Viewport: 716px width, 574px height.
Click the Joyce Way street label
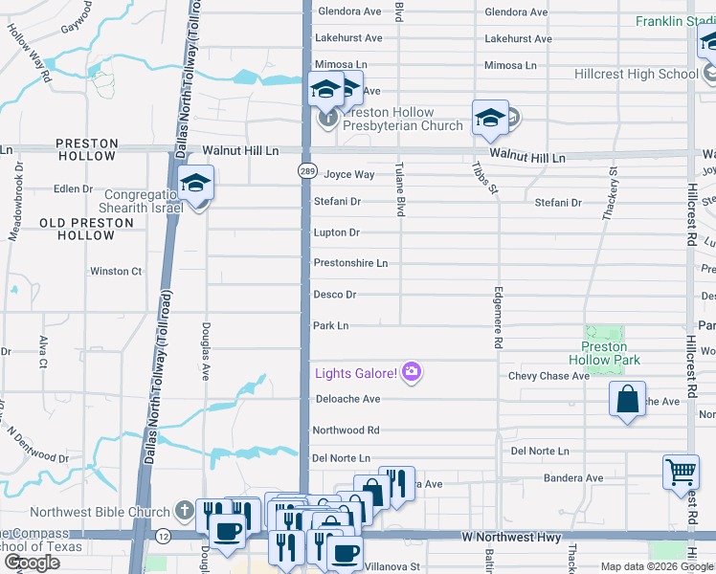coord(348,175)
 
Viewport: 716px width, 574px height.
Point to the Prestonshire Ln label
coord(350,263)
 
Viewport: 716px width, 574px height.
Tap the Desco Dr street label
coord(335,295)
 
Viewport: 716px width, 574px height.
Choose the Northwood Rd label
coord(346,430)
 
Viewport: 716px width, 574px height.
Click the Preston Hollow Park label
coord(604,353)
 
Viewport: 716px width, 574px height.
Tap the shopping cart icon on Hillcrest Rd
coord(681,471)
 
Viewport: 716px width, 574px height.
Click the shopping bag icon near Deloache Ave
coord(627,399)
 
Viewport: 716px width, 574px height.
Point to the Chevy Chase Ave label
coord(548,376)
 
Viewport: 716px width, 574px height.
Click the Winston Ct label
coord(116,271)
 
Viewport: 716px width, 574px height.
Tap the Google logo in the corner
coord(32,562)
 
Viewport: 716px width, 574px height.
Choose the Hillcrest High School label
coord(636,74)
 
